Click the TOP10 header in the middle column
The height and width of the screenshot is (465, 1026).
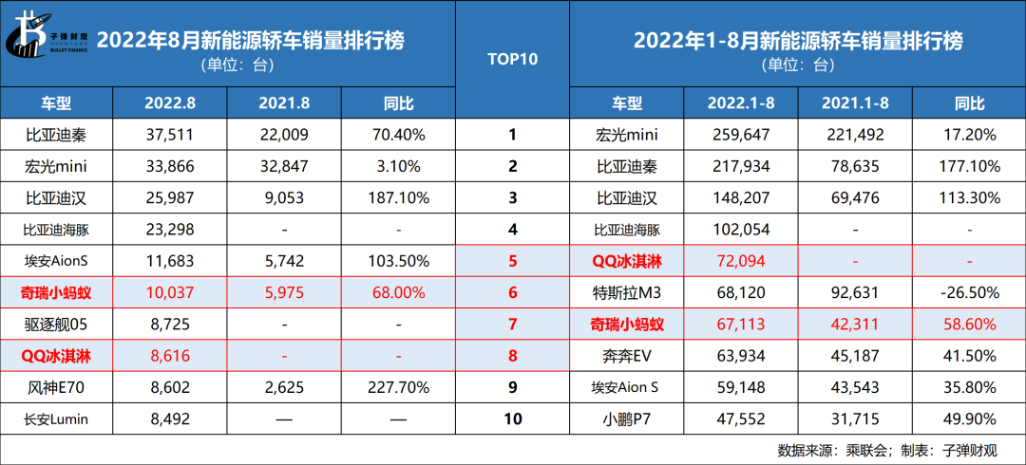pyautogui.click(x=512, y=60)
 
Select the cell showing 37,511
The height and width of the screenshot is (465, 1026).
pyautogui.click(x=170, y=134)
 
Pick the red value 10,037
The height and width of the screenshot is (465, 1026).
pyautogui.click(x=170, y=293)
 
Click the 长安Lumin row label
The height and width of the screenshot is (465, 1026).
pyautogui.click(x=56, y=418)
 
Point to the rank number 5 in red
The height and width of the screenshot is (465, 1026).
pyautogui.click(x=512, y=261)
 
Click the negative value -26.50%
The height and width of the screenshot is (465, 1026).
pyautogui.click(x=968, y=293)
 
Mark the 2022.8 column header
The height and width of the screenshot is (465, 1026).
pyautogui.click(x=170, y=103)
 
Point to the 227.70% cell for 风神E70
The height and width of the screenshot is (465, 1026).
pyautogui.click(x=398, y=387)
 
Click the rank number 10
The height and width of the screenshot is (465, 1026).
pyautogui.click(x=512, y=418)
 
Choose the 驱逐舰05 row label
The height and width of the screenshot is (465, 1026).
pyautogui.click(x=56, y=325)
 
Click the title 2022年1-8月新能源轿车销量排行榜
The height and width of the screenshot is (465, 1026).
pyautogui.click(x=797, y=41)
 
